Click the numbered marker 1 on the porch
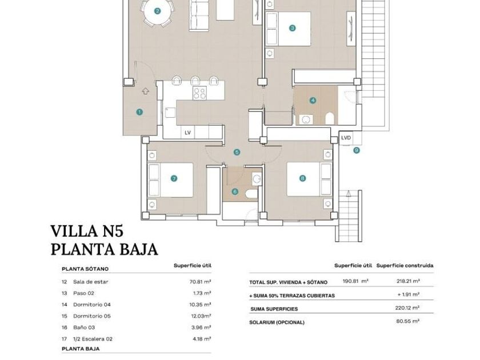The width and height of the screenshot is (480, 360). pos(139,112)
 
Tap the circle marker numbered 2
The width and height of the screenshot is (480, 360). pos(157,11)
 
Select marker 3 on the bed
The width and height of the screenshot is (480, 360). pos(293,28)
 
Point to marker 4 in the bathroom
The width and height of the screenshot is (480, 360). pos(313,100)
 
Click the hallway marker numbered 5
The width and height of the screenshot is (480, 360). pos(237,152)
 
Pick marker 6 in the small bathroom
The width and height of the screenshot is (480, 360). pos(235,191)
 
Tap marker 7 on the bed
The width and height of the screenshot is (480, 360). pos(174,178)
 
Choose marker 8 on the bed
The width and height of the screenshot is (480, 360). pos(302,178)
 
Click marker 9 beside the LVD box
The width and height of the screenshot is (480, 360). pos(357,150)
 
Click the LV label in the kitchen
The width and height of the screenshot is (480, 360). pos(187,133)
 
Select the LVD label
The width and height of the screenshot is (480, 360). pos(346,138)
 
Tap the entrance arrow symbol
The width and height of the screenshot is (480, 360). pos(146,91)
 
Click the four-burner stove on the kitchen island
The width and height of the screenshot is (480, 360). pos(199,93)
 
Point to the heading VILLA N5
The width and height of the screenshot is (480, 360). pos(87,231)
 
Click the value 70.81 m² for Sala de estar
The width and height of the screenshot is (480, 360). pos(201,282)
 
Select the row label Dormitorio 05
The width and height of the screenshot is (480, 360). pos(92,316)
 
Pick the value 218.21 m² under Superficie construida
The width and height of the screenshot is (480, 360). pos(408,281)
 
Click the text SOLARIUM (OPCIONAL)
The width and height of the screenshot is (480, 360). pos(277,322)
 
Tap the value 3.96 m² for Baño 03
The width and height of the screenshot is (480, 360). pos(201,327)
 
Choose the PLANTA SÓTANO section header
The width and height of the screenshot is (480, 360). pos(85,269)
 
